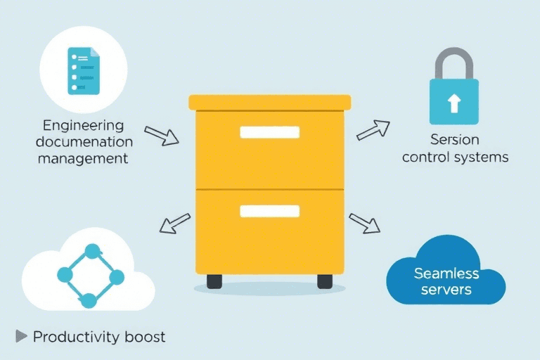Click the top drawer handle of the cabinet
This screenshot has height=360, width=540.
tap(269, 132)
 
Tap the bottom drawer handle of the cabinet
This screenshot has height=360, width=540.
tap(269, 211)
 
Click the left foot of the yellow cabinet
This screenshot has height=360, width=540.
tap(214, 281)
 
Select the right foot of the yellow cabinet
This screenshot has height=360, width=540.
tap(325, 281)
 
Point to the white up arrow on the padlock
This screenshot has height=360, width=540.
tap(454, 103)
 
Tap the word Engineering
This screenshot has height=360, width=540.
tap(83, 126)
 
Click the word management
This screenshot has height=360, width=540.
tap(83, 158)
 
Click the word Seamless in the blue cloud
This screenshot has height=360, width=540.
tap(446, 273)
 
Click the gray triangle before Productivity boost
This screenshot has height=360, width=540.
tap(21, 337)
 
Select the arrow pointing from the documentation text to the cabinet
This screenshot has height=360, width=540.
tap(161, 136)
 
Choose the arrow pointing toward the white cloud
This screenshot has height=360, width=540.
tap(174, 223)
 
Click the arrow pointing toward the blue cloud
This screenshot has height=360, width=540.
tap(364, 223)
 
